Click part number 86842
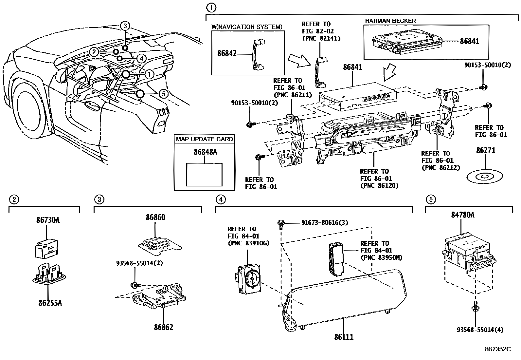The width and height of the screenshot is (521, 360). [227, 53]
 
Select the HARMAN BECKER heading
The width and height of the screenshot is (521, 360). [390, 21]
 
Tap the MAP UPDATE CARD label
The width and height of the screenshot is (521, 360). [204, 139]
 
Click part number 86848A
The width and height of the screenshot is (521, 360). [205, 152]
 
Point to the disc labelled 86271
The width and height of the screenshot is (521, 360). [485, 177]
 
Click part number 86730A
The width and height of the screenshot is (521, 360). [48, 220]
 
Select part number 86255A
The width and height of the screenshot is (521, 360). [50, 303]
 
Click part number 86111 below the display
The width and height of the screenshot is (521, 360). [344, 337]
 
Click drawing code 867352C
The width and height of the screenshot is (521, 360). [498, 349]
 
